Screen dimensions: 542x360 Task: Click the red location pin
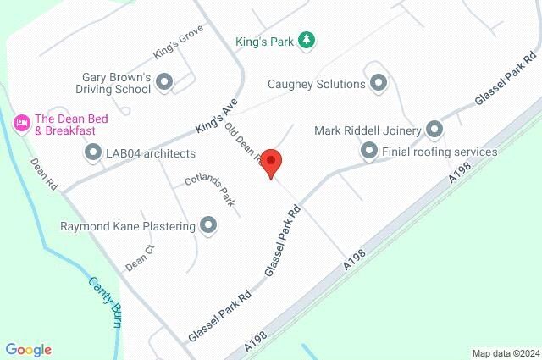tap(270, 163)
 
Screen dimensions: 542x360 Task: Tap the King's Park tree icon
tap(307, 39)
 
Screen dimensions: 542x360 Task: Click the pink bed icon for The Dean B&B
tap(22, 124)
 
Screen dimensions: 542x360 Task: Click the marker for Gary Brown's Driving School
tap(164, 82)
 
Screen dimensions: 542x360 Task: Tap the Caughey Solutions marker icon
tap(379, 83)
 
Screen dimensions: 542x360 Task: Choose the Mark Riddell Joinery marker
tap(434, 130)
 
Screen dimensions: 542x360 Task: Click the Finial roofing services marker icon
tap(368, 152)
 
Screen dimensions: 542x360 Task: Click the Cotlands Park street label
tap(209, 193)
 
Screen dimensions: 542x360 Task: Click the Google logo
tap(28, 349)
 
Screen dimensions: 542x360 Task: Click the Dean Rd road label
tap(43, 172)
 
